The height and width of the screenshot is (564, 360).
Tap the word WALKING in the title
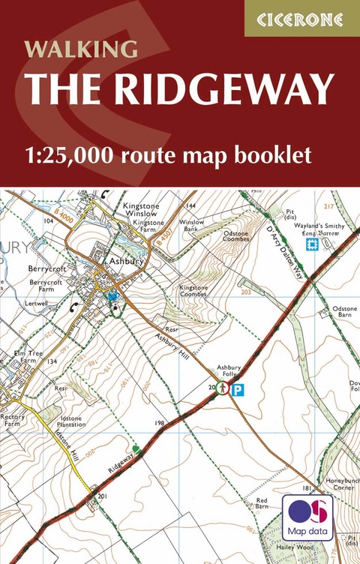click(x=82, y=49)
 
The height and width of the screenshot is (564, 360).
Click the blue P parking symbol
click(x=237, y=389)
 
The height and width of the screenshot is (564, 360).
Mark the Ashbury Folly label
click(x=229, y=371)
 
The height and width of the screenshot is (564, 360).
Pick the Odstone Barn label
click(x=345, y=312)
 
